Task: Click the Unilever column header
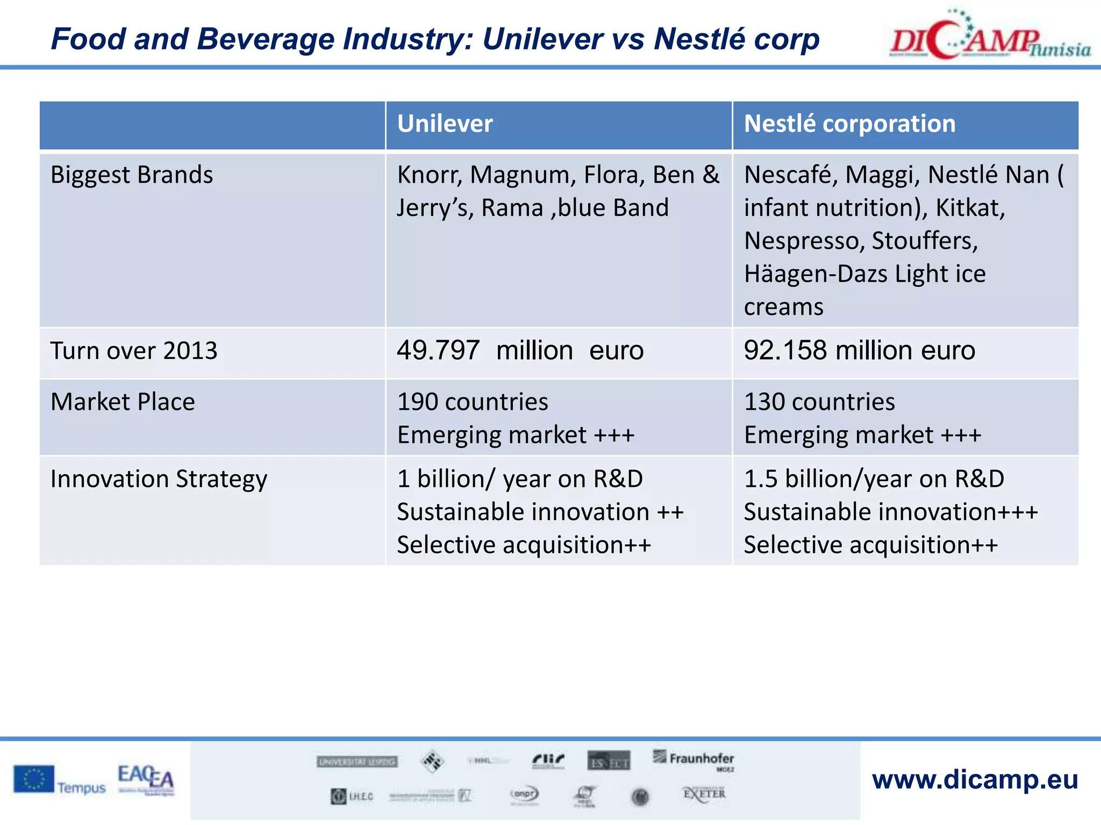[x=445, y=124]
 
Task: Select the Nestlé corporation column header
[x=849, y=124]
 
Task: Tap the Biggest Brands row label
[x=132, y=175]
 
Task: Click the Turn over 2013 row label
[x=134, y=351]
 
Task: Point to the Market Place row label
[x=123, y=402]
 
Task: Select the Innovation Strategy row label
[x=159, y=479]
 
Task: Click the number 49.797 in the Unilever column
[x=438, y=351]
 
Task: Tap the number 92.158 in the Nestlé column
[x=785, y=351]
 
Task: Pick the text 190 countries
[x=473, y=402]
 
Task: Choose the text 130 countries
[x=819, y=402]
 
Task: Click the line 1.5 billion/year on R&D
[x=874, y=479]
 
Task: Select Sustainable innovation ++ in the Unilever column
[x=540, y=512]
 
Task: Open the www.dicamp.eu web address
[x=975, y=779]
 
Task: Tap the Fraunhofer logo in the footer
[x=695, y=759]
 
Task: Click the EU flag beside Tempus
[x=34, y=779]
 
